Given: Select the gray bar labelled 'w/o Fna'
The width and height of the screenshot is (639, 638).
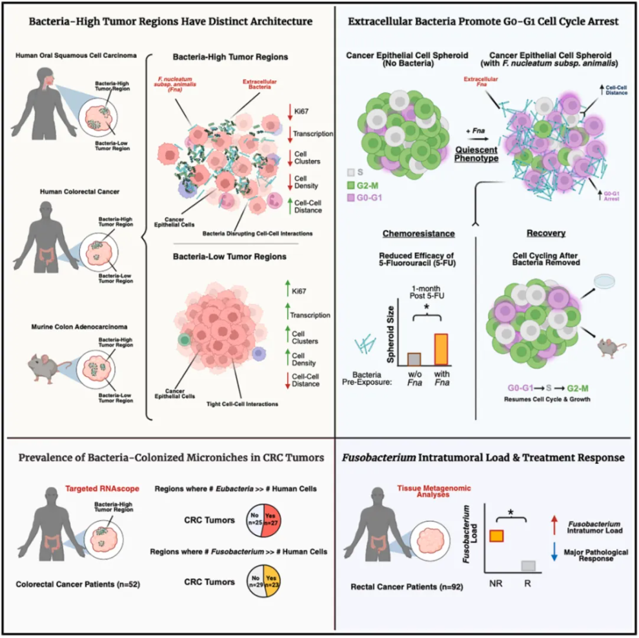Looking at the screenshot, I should (415, 358).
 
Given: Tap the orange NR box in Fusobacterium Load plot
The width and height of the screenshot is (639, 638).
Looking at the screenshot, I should (496, 535).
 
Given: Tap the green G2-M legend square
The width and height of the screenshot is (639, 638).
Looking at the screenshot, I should (350, 185).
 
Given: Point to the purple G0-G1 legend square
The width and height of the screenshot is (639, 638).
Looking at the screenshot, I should (350, 197).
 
